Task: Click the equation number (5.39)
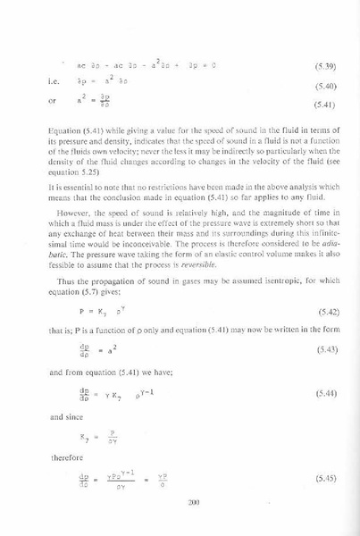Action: pyautogui.click(x=324, y=67)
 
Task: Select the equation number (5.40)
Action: pyautogui.click(x=324, y=87)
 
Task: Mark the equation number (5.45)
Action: pyautogui.click(x=324, y=480)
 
